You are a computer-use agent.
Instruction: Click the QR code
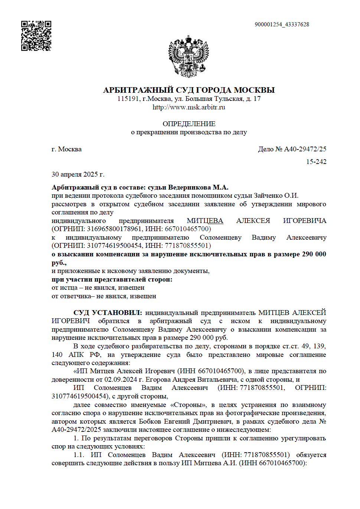pyautogui.click(x=36, y=36)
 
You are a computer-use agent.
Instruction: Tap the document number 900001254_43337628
pyautogui.click(x=282, y=24)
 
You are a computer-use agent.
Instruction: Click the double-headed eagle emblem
pyautogui.click(x=189, y=56)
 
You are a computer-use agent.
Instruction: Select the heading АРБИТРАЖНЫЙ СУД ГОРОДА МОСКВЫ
pyautogui.click(x=189, y=90)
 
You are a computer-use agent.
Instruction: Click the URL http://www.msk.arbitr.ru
pyautogui.click(x=189, y=107)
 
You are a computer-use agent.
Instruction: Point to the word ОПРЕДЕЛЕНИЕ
pyautogui.click(x=189, y=124)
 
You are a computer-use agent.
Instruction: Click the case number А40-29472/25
pyautogui.click(x=305, y=149)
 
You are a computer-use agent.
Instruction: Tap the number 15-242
pyautogui.click(x=316, y=162)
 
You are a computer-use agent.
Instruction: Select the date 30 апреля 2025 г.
pyautogui.click(x=78, y=174)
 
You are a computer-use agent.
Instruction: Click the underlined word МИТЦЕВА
pyautogui.click(x=205, y=221)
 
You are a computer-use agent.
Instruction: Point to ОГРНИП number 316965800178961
pyautogui.click(x=114, y=229)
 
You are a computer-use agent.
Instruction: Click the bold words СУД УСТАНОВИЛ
pyautogui.click(x=107, y=313)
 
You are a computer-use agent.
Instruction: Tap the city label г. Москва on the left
pyautogui.click(x=66, y=149)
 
